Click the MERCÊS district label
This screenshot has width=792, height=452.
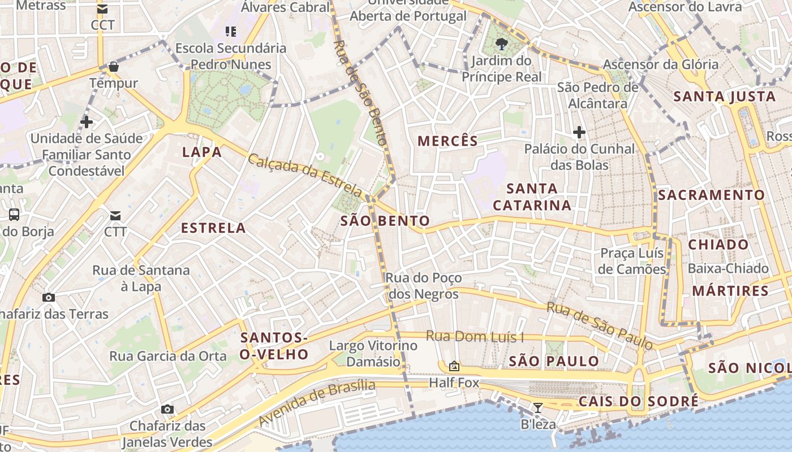pyautogui.click(x=447, y=141)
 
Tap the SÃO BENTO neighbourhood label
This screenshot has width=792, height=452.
pyautogui.click(x=385, y=221)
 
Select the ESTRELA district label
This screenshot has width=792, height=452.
pyautogui.click(x=213, y=228)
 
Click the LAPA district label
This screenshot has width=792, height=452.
pyautogui.click(x=202, y=152)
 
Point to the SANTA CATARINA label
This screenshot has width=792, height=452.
pyautogui.click(x=532, y=197)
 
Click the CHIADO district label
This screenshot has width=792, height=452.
pyautogui.click(x=718, y=245)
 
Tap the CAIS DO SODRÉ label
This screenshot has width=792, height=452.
pyautogui.click(x=638, y=402)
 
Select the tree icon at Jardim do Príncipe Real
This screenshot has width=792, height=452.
pyautogui.click(x=501, y=44)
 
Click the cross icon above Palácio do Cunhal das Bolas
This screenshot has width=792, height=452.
pyautogui.click(x=579, y=133)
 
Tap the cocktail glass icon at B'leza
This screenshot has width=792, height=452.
pyautogui.click(x=538, y=407)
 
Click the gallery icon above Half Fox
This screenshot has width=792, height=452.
pyautogui.click(x=454, y=366)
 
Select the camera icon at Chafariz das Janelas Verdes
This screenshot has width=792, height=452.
pyautogui.click(x=167, y=409)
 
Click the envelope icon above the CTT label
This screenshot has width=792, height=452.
pyautogui.click(x=115, y=215)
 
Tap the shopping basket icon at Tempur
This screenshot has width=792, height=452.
pyautogui.click(x=114, y=67)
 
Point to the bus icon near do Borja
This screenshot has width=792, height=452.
pyautogui.click(x=14, y=215)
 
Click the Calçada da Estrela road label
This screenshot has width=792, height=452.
pyautogui.click(x=304, y=174)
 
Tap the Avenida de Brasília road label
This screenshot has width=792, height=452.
pyautogui.click(x=317, y=403)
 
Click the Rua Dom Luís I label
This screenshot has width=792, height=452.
pyautogui.click(x=475, y=337)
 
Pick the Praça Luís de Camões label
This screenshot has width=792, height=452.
pyautogui.click(x=632, y=261)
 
